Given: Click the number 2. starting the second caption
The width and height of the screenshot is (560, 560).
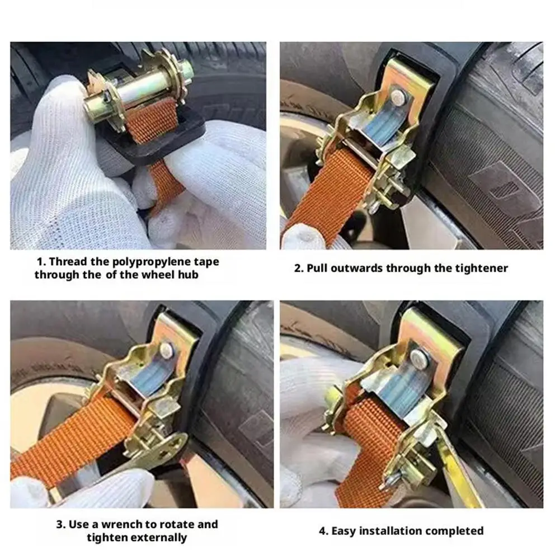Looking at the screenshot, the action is tap(299, 268).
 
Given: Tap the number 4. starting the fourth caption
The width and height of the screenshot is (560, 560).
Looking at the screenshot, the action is tap(323, 531).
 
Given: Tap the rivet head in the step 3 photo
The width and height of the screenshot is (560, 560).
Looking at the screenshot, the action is tap(167, 350).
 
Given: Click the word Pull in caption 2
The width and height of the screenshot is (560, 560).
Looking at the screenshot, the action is tap(317, 268).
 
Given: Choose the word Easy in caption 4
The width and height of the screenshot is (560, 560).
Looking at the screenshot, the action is tap(344, 531).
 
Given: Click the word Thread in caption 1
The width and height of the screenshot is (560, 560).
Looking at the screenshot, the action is tap(68, 262).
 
